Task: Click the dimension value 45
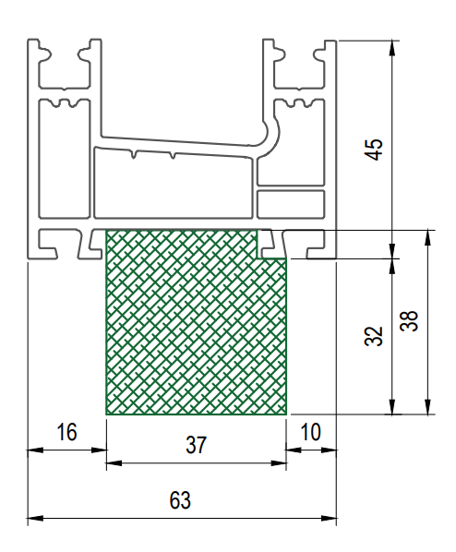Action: point(374,150)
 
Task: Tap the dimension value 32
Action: point(373,336)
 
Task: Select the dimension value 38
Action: point(410,320)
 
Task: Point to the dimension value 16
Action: point(66,432)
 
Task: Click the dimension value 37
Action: point(196,445)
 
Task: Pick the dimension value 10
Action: point(310,432)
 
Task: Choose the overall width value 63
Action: point(180,500)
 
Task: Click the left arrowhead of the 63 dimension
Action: point(35,518)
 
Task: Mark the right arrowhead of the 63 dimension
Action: point(329,518)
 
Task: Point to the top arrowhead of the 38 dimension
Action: point(427,237)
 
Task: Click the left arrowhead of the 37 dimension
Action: point(114,463)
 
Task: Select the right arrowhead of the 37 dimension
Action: point(279,463)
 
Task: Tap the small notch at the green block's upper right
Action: point(271,245)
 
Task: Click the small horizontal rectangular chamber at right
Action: point(291,204)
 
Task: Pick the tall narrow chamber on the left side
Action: point(64,159)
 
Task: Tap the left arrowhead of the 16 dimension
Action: point(35,450)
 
